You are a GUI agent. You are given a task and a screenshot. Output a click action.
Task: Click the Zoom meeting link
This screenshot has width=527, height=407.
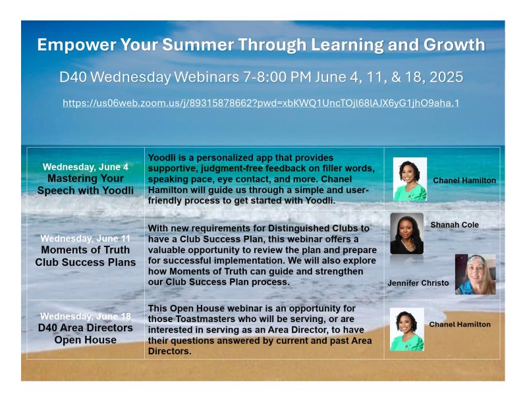261,103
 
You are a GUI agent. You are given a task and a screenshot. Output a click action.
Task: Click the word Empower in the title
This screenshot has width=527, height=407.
76,45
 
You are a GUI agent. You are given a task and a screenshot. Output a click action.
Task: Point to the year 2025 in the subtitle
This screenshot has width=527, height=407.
446,77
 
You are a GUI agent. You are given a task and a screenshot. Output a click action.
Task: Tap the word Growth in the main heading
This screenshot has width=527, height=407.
454,45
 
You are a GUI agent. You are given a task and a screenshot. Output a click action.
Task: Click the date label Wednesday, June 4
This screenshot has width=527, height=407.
86,167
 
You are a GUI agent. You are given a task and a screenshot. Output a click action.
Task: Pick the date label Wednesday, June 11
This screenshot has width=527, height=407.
86,238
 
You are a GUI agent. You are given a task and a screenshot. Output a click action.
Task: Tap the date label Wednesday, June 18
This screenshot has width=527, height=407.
86,316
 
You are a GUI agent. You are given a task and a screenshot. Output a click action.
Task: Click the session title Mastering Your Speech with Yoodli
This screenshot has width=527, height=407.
86,184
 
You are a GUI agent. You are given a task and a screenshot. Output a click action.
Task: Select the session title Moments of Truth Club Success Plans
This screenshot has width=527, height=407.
86,256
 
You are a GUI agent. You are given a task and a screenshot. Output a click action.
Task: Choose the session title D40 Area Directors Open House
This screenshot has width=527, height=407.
86,334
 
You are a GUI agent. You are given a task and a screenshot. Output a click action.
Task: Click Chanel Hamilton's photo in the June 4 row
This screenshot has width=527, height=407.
410,179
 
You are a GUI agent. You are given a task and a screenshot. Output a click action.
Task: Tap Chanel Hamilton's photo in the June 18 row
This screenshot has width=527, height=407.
407,329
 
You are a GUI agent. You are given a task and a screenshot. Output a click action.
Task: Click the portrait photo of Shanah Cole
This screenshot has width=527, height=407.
406,234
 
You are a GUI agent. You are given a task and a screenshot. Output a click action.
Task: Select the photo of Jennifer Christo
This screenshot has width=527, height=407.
475,274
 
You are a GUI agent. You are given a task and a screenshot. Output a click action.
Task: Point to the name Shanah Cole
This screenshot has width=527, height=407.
455,225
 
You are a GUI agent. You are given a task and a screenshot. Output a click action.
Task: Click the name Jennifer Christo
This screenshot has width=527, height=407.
418,283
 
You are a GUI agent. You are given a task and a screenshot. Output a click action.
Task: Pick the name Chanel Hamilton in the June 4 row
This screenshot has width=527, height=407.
464,180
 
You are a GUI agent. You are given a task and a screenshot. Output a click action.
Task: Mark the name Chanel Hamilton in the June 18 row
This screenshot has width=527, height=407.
460,324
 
